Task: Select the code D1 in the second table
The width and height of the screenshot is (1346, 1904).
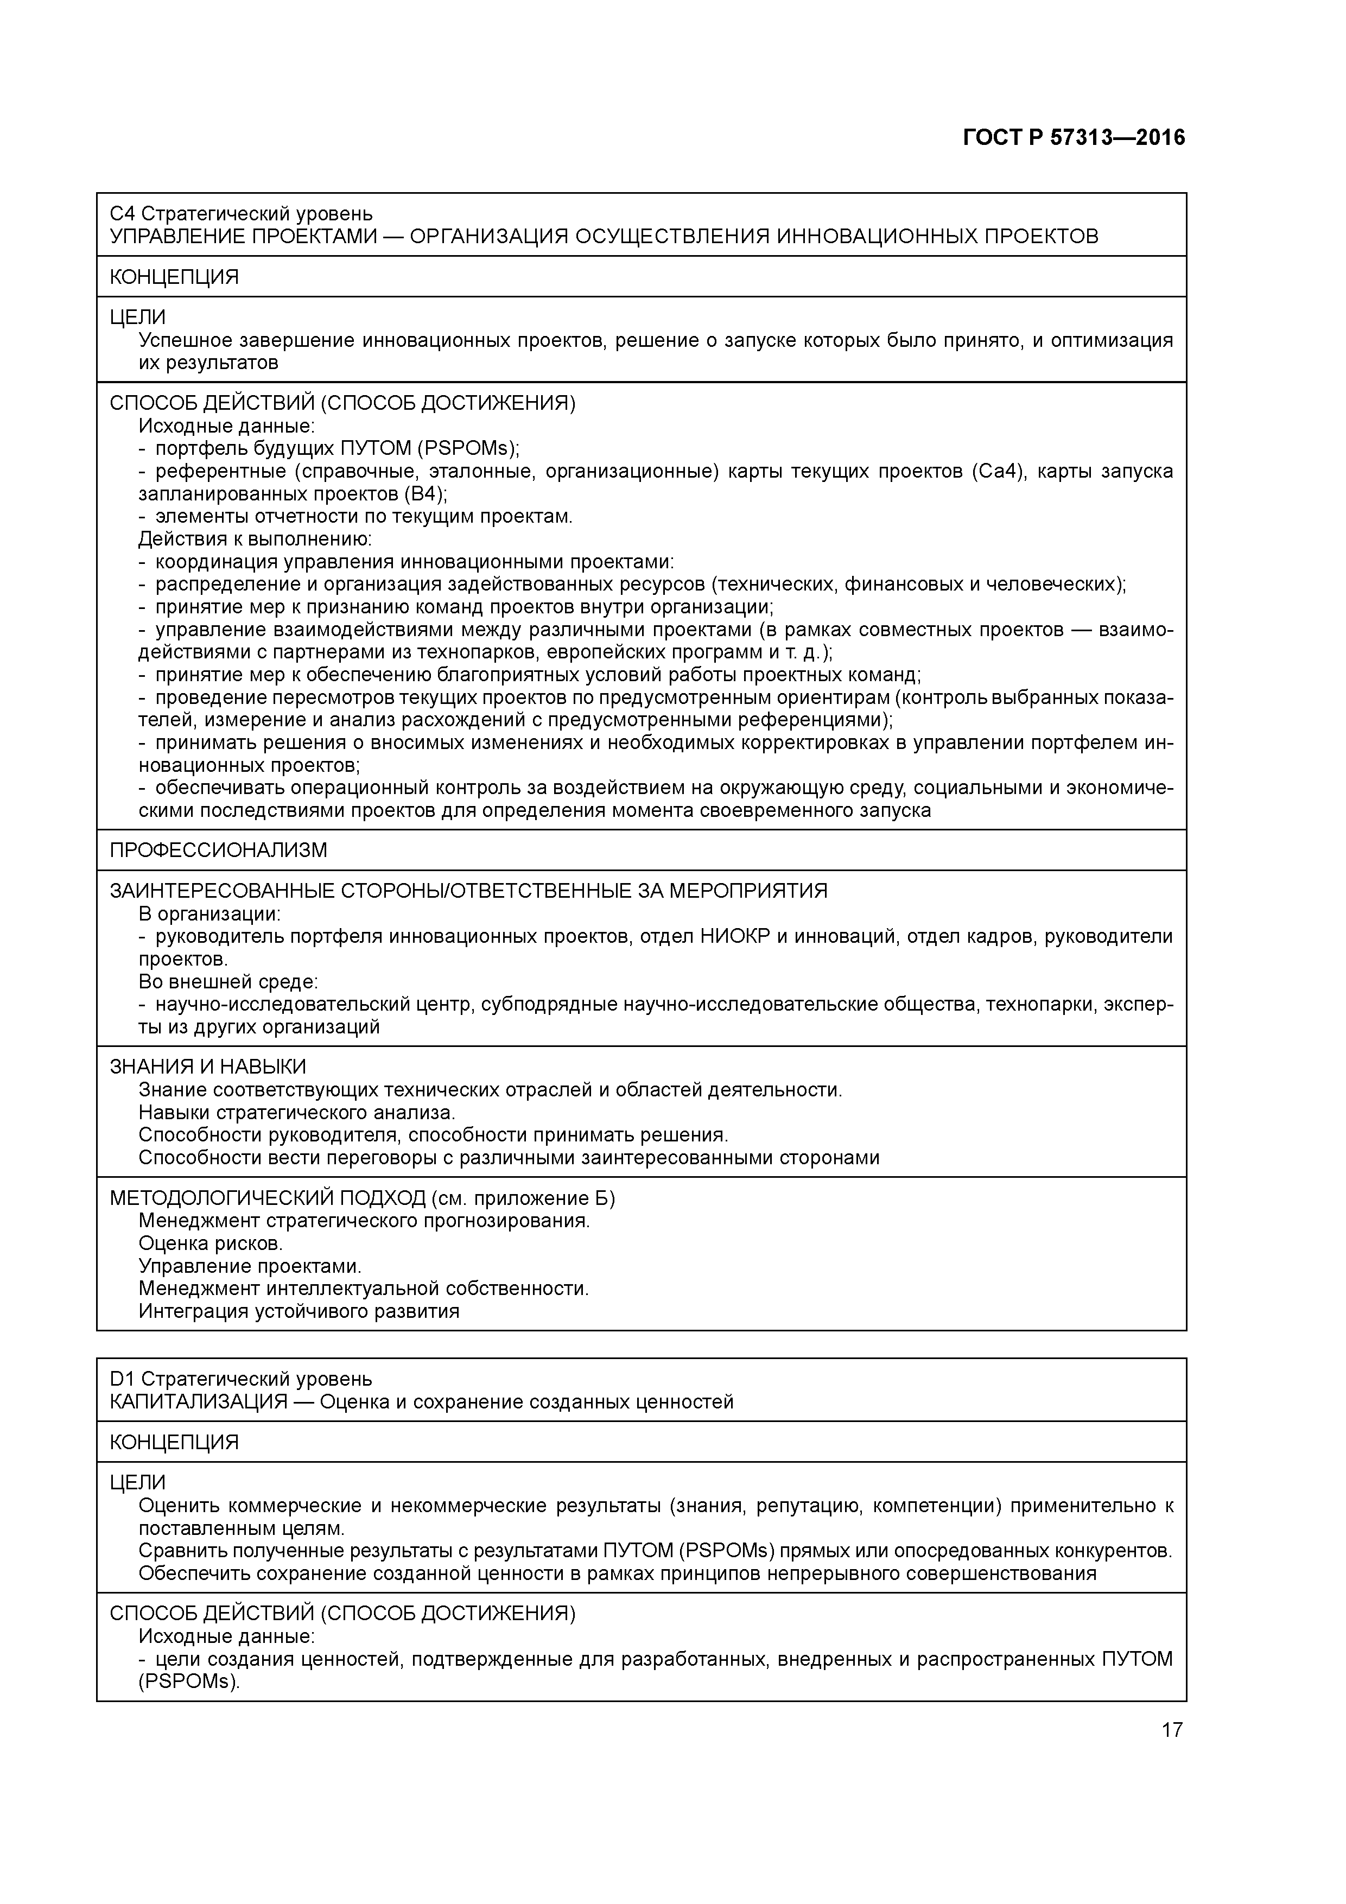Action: coord(123,1379)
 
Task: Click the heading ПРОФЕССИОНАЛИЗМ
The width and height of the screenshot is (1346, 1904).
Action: coord(218,850)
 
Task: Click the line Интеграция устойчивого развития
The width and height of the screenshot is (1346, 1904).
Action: coord(299,1311)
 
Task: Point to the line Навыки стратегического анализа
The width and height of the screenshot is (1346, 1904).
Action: coord(296,1112)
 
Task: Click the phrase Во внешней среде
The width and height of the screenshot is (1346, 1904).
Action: coord(228,982)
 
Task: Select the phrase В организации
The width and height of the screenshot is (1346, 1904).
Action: coord(209,914)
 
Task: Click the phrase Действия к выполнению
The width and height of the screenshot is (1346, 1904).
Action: coord(255,539)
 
